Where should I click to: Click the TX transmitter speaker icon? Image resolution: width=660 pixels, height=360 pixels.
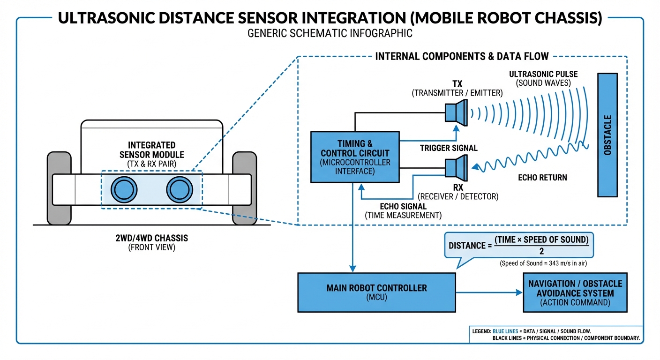coord(456,112)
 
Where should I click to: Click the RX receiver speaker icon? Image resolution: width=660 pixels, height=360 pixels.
coord(456,169)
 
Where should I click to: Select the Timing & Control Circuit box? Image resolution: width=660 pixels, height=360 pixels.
coord(354,157)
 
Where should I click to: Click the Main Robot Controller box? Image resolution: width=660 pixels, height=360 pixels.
coord(376,292)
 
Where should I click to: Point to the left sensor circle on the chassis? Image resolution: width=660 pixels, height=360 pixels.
coord(123,190)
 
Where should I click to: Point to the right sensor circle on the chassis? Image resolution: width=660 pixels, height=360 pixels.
coord(179,190)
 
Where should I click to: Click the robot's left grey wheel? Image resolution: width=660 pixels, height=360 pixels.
coord(59,187)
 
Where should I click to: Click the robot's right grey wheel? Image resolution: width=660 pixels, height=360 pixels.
coord(244,187)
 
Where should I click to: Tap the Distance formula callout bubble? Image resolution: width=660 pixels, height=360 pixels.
coord(518,245)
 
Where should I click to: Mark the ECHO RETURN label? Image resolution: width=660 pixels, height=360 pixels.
coord(542,178)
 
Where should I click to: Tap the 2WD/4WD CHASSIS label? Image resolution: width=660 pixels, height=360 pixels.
coord(151,239)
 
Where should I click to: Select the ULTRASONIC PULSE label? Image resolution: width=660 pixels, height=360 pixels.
coord(543,75)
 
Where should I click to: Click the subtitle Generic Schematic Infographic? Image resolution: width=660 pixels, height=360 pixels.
coord(330,33)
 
